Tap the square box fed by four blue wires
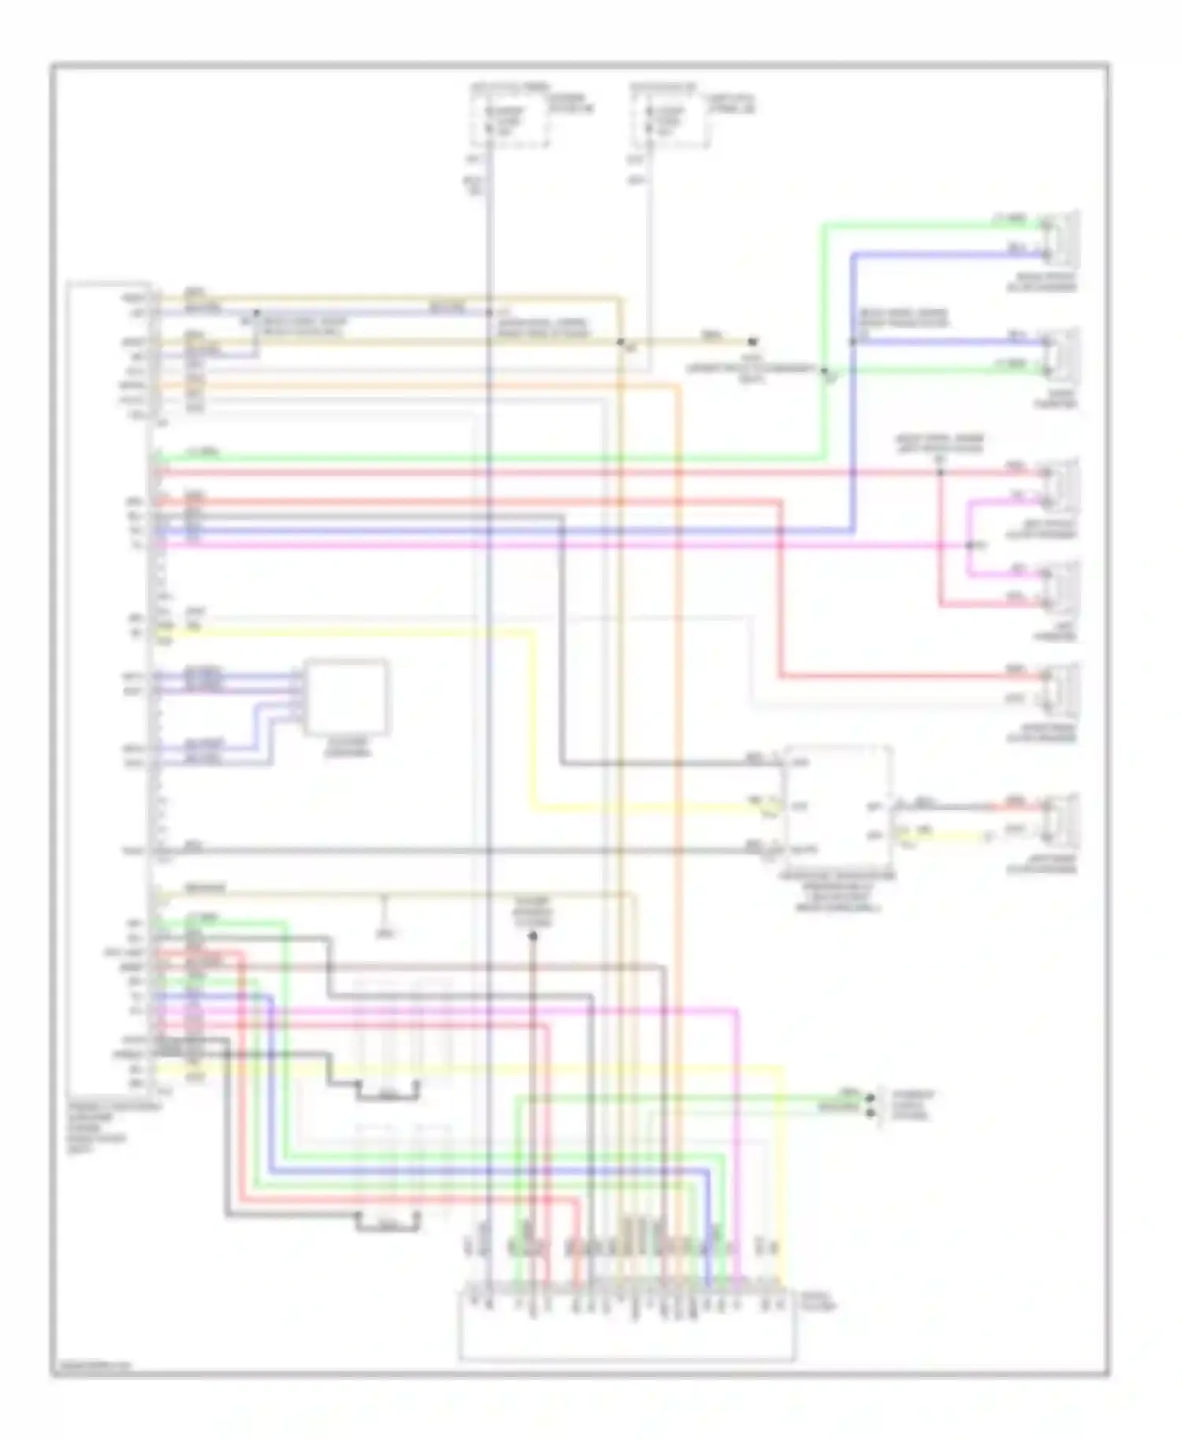pos(347,697)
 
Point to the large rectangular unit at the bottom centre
pos(626,1326)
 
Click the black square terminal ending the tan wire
pos(753,342)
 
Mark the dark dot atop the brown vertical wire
pos(533,936)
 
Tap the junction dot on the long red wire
pos(939,473)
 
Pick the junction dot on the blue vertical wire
pos(853,342)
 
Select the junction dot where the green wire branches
pos(824,370)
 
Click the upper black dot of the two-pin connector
pos(870,1097)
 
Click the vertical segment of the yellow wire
pos(534,717)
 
